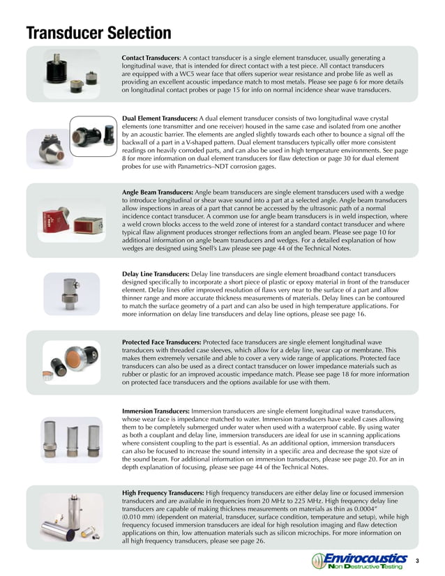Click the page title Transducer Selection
pos(98,33)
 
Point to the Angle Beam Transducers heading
pos(156,190)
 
